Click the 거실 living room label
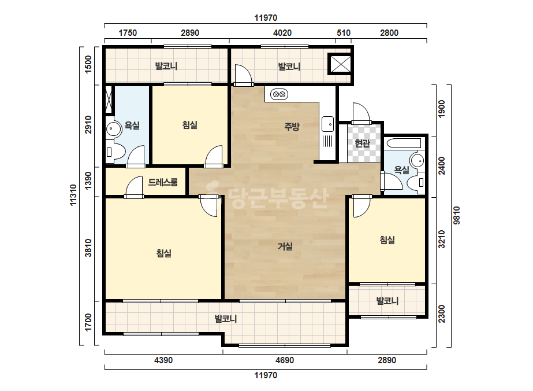tap(285, 246)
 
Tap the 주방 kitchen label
tap(292, 127)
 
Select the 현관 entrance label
tap(362, 143)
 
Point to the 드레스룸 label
tap(163, 182)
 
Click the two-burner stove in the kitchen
tap(279, 94)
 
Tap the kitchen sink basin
tap(328, 124)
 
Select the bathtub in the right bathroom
tap(404, 143)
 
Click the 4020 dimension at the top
tap(282, 33)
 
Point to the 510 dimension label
tap(344, 33)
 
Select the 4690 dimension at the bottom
tap(285, 360)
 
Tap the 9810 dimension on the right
tap(456, 215)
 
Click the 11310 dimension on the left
tap(73, 195)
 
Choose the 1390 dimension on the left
tap(88, 180)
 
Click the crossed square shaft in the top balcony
tap(340, 64)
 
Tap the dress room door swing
tap(134, 187)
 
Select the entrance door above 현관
tap(361, 113)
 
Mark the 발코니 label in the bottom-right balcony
tap(387, 301)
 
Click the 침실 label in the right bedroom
tap(387, 240)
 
